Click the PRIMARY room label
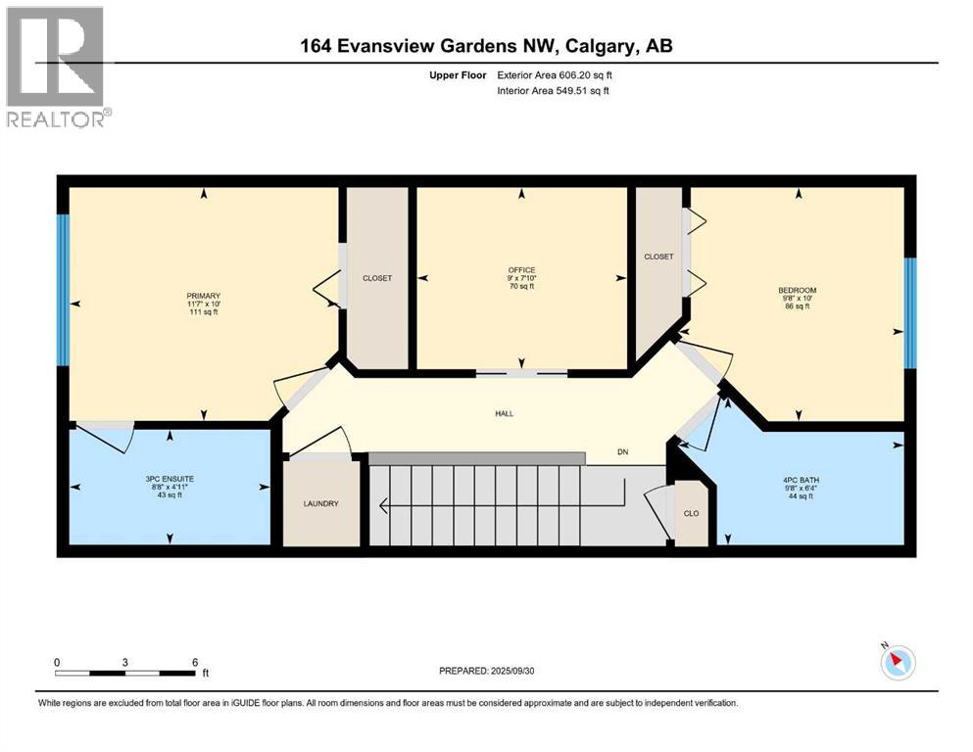pyautogui.click(x=204, y=296)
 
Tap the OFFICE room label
pyautogui.click(x=520, y=269)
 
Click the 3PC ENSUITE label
pyautogui.click(x=170, y=479)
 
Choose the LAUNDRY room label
pyautogui.click(x=320, y=503)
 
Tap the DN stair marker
pyautogui.click(x=622, y=452)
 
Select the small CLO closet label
pyautogui.click(x=691, y=513)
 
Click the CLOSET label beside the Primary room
pyautogui.click(x=377, y=278)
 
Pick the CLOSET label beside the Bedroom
pyautogui.click(x=658, y=257)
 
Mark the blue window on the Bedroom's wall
pyautogui.click(x=909, y=312)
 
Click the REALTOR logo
pyautogui.click(x=58, y=67)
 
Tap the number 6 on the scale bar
pyautogui.click(x=194, y=662)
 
